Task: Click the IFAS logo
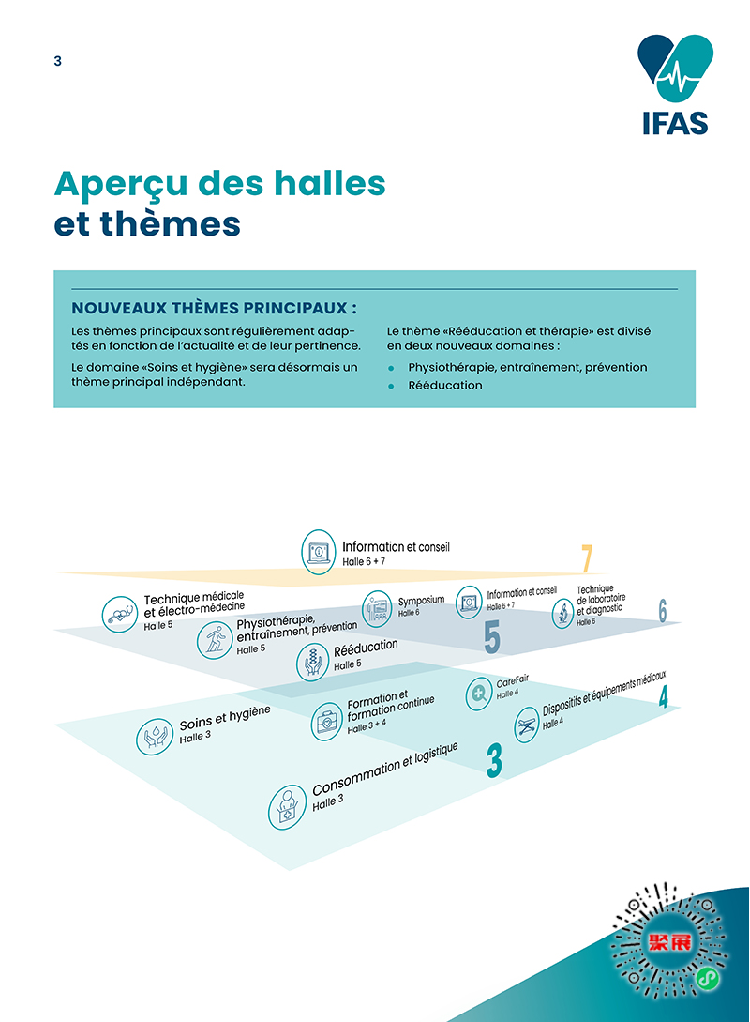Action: point(673,84)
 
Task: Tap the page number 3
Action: point(58,61)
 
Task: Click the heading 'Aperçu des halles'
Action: point(220,183)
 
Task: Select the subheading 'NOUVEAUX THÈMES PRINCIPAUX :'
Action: point(215,308)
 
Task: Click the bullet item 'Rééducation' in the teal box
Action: point(444,385)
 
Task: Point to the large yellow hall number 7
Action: point(587,558)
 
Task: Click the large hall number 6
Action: point(662,611)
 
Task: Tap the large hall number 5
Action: point(491,637)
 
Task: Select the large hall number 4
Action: point(663,698)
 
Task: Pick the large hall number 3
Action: point(494,761)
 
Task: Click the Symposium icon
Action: point(377,606)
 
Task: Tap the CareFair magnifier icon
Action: point(480,694)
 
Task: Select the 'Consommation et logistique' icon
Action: point(288,807)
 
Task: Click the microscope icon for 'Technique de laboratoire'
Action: point(562,614)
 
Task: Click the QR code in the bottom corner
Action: point(668,941)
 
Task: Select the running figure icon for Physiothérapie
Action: point(215,640)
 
